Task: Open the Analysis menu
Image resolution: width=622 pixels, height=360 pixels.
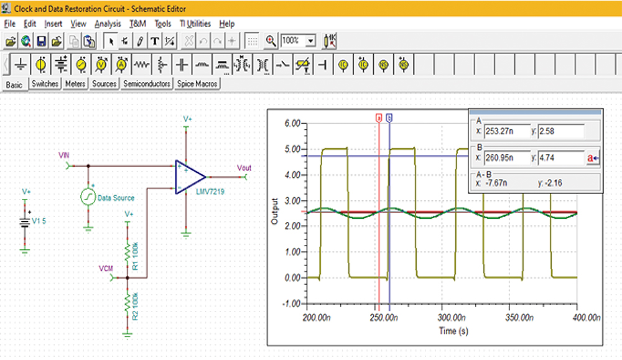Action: coord(108,24)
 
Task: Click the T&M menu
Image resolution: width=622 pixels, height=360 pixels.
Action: coord(137,24)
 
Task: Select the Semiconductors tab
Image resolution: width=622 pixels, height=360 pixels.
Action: coord(147,83)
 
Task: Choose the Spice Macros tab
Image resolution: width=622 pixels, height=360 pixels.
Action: coord(197,83)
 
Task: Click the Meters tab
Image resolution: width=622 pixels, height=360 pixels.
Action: coord(75,83)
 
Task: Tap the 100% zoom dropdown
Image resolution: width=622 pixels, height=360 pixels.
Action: coord(298,40)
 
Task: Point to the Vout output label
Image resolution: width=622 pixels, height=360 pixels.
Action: coord(244,168)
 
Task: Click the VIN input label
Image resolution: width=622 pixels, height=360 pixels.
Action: coord(64,155)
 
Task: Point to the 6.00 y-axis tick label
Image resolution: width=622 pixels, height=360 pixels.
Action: coord(290,123)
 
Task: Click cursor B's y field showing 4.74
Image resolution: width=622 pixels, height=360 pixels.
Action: coord(560,158)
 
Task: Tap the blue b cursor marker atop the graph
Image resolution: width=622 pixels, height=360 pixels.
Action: coord(389,117)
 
